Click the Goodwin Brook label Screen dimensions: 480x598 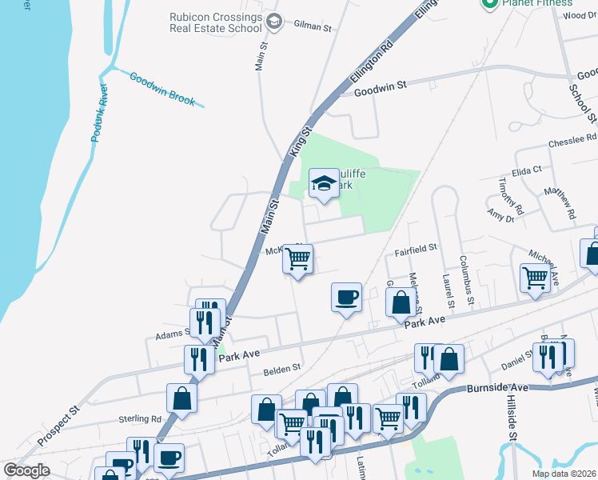click(x=162, y=90)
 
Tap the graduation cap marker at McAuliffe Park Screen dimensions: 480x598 click(x=324, y=183)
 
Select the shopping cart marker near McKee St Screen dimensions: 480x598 click(x=298, y=259)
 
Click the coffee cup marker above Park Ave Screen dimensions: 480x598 click(x=346, y=298)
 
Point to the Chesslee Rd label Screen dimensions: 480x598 click(x=572, y=142)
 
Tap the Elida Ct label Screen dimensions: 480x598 click(x=527, y=170)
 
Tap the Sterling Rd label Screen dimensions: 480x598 click(x=140, y=418)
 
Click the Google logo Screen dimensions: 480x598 click(x=27, y=470)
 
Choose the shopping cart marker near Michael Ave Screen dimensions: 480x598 click(x=535, y=278)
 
